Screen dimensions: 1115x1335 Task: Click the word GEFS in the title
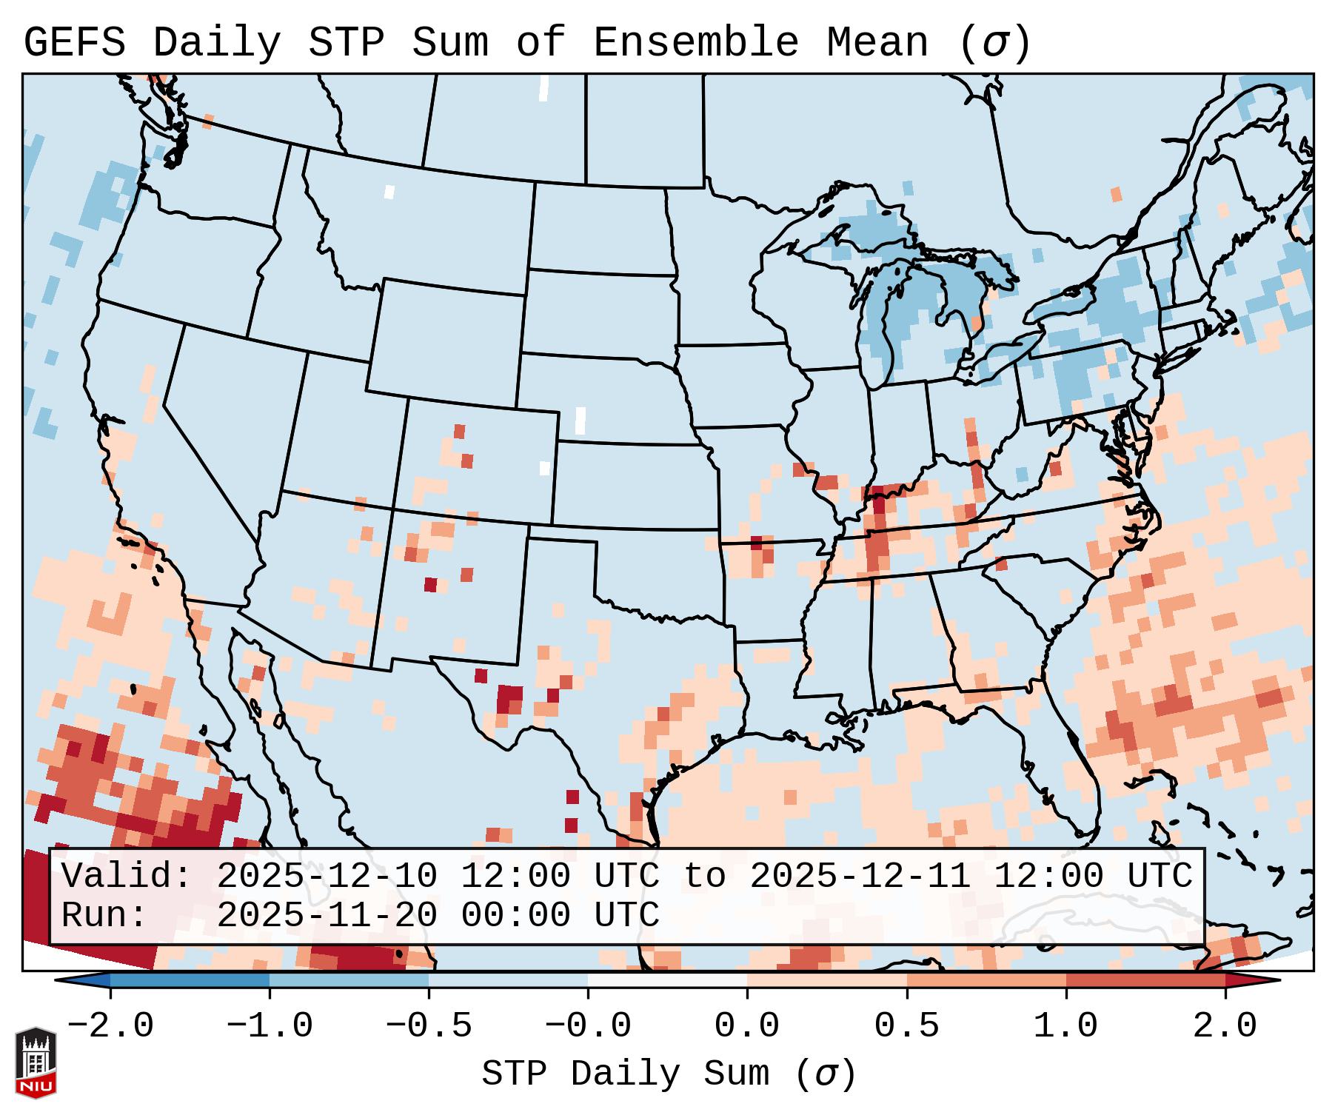pos(74,43)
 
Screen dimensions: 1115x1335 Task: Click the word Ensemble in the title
pos(695,43)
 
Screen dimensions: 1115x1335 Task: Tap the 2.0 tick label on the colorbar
pos(1225,1026)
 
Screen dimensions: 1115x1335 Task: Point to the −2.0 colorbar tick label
pos(110,1026)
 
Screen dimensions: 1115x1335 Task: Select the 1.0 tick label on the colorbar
pos(1065,1026)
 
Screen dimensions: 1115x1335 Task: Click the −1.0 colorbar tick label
pos(270,1026)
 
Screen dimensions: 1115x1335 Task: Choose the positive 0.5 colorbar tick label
pos(906,1026)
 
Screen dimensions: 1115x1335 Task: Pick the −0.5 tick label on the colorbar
pos(429,1026)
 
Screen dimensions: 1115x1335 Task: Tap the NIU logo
pos(36,1062)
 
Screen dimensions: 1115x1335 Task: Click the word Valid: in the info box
pos(127,876)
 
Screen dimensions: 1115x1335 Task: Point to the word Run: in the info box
pos(104,915)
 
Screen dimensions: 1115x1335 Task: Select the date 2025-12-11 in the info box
pos(860,876)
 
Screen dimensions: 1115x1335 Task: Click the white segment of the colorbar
pos(667,980)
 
